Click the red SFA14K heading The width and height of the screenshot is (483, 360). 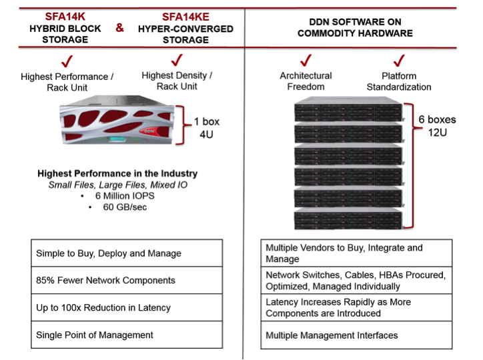pos(65,17)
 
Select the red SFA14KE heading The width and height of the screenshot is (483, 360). pos(185,17)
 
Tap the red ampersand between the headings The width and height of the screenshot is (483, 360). pos(119,28)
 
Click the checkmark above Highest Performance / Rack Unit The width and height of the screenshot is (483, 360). pos(67,61)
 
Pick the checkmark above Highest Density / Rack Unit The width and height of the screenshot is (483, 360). pos(177,60)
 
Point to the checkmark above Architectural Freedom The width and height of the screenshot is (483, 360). pos(306,60)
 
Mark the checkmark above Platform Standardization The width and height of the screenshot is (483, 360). pos(399,61)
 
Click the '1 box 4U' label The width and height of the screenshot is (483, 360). pos(206,128)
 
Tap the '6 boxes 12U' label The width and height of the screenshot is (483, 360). pos(437,126)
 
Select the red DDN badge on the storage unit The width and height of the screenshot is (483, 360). pos(149,131)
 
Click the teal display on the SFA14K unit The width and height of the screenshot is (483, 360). pos(117,139)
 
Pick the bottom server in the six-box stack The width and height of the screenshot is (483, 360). pos(348,219)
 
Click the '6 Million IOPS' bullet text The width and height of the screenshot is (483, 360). pos(125,196)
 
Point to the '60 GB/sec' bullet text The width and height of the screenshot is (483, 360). pos(125,207)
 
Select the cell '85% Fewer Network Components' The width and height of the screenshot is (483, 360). pos(127,280)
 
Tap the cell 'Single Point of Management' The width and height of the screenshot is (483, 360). pos(127,335)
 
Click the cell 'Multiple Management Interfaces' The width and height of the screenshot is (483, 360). pos(356,335)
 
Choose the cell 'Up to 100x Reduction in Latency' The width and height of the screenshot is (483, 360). pos(127,307)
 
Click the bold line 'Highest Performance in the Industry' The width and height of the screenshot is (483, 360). pos(117,173)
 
